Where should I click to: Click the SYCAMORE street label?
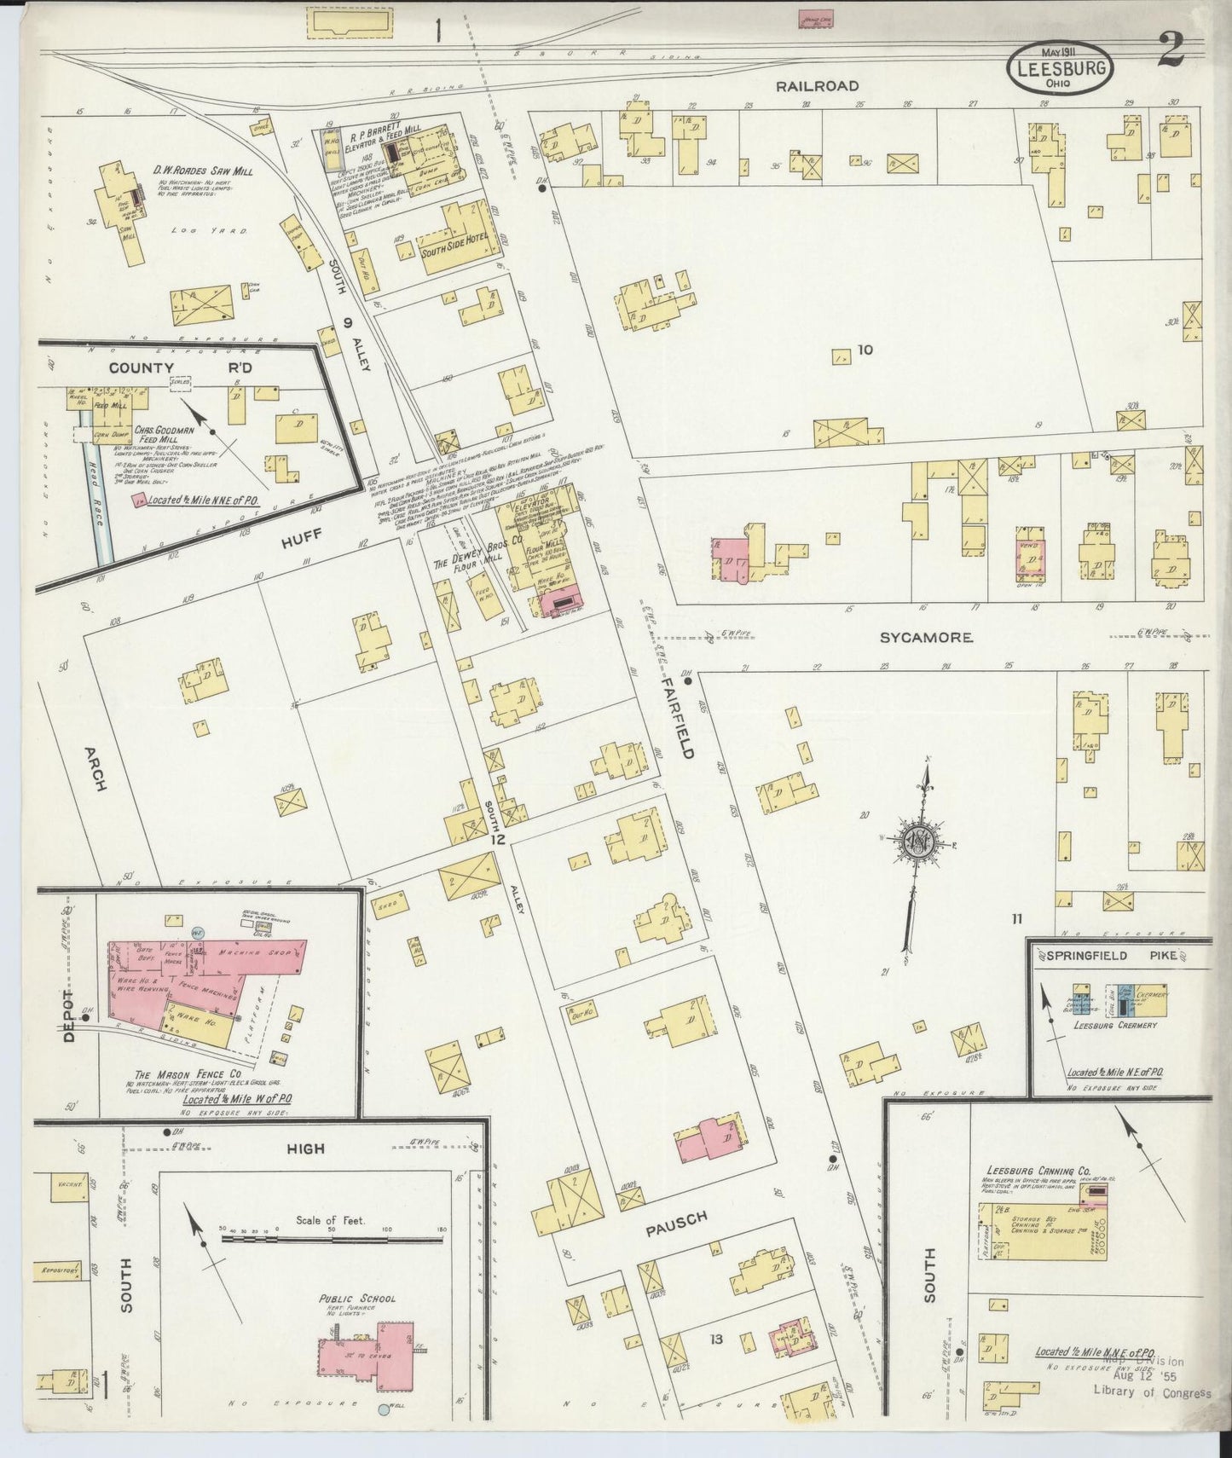pyautogui.click(x=926, y=637)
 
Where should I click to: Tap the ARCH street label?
pyautogui.click(x=95, y=769)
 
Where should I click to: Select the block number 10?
pyautogui.click(x=865, y=349)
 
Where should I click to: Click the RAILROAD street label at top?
pyautogui.click(x=817, y=85)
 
